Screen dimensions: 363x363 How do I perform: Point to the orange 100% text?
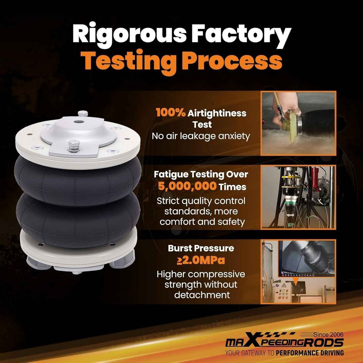point(171,112)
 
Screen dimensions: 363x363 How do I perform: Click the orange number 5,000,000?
point(188,186)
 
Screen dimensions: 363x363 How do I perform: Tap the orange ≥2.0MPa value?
point(201,260)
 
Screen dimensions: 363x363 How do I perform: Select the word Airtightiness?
point(217,113)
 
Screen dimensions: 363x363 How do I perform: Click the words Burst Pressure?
point(201,248)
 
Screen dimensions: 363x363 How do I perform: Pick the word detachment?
point(202,295)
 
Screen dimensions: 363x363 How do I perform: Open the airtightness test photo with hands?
point(298,123)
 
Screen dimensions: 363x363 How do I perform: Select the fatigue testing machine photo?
point(298,197)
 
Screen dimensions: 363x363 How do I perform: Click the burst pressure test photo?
point(298,272)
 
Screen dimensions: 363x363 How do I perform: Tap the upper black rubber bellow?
point(78,180)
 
